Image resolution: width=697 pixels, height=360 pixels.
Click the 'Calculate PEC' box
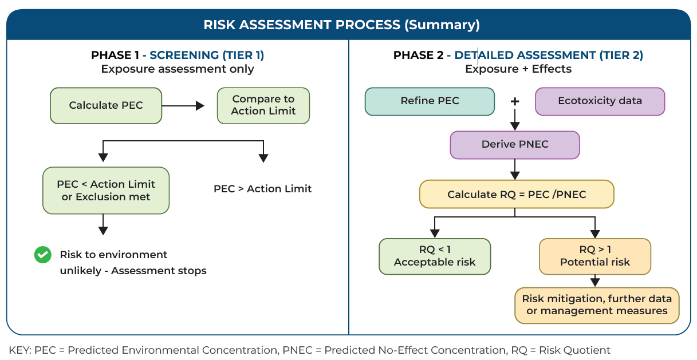tap(106, 106)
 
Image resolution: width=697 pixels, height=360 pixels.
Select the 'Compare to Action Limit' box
tap(263, 106)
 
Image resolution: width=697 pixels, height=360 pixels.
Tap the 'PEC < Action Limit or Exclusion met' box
tap(106, 190)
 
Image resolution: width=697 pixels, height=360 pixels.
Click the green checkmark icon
tap(42, 255)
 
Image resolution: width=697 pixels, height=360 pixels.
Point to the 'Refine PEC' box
tap(430, 101)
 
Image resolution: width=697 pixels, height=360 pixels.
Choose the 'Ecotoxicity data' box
tap(600, 101)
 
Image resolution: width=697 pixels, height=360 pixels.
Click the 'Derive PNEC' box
tap(515, 145)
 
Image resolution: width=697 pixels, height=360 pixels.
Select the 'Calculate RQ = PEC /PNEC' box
tap(517, 194)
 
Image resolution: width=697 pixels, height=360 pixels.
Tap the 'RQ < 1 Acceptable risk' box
tap(435, 256)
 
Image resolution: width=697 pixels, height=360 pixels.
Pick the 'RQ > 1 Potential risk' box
tap(595, 256)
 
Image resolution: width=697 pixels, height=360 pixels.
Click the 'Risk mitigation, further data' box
tap(597, 305)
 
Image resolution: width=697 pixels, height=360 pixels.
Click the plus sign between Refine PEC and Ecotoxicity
tap(515, 101)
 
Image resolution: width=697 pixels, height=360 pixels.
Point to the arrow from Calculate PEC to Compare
tap(183, 106)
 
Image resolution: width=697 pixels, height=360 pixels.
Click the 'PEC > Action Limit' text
tap(262, 189)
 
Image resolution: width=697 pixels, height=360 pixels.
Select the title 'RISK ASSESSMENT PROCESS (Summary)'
tap(342, 25)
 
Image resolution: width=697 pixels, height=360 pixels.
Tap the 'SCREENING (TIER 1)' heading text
tap(207, 55)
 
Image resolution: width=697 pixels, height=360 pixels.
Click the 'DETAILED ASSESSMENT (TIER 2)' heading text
tap(549, 55)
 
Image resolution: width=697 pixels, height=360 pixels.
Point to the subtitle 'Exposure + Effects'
tap(518, 69)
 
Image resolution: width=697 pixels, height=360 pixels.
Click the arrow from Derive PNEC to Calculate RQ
tap(515, 169)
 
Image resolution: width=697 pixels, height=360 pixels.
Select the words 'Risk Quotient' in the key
tap(574, 350)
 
